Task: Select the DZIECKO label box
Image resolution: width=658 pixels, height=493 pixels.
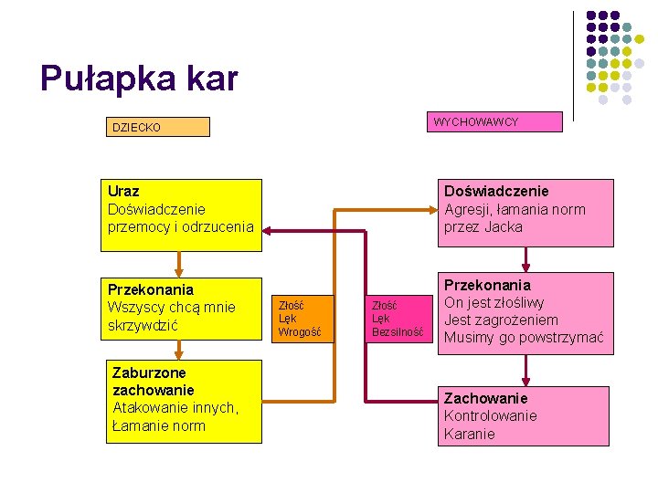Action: (x=157, y=127)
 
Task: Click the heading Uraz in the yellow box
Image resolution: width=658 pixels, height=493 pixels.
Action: (x=123, y=192)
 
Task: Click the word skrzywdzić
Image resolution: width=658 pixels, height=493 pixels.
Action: (x=144, y=325)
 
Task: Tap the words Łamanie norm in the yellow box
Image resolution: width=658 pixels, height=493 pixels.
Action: (x=158, y=425)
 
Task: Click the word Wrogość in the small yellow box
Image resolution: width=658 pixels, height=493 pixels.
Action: (x=300, y=332)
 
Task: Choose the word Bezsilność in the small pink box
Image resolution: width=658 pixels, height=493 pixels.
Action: (x=398, y=332)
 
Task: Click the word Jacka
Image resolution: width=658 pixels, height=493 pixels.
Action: (x=504, y=226)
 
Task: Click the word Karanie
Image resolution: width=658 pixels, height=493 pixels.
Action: (x=469, y=434)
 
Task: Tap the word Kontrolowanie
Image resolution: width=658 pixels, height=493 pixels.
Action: (x=491, y=415)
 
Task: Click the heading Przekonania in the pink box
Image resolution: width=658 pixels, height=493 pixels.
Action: (x=487, y=285)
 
